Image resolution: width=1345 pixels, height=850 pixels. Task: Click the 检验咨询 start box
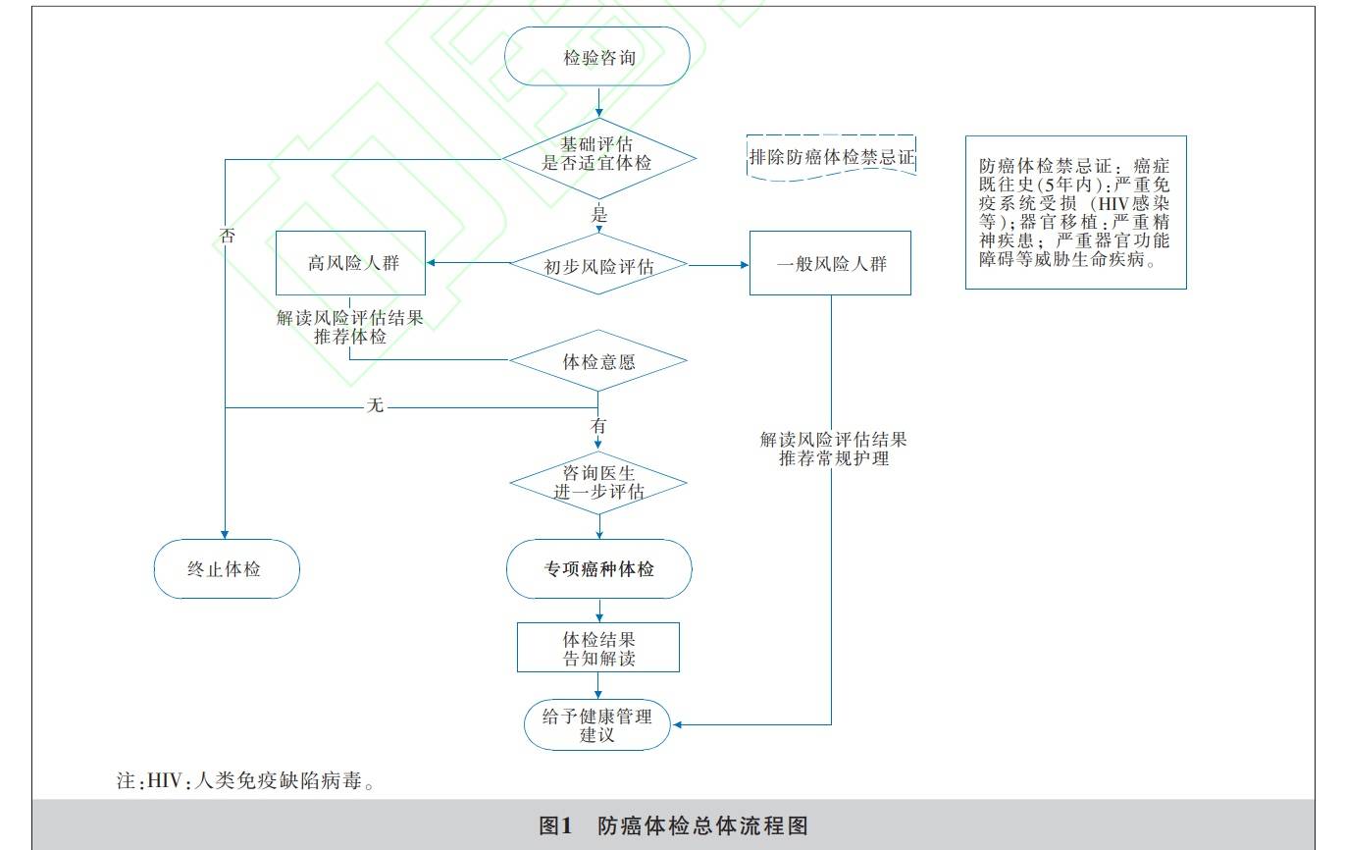598,57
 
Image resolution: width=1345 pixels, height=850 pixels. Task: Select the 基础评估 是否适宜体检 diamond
598,154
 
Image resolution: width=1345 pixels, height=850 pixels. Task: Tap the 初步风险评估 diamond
598,264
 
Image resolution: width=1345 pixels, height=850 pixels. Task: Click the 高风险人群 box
350,263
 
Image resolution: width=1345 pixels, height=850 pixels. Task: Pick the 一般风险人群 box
830,263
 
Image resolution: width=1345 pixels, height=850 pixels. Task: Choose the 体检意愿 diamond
598,361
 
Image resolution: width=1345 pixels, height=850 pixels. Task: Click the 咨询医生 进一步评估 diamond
598,483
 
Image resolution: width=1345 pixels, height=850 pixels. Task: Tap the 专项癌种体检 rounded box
598,569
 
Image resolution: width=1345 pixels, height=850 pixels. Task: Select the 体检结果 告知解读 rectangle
598,648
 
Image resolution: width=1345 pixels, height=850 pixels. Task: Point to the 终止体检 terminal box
226,568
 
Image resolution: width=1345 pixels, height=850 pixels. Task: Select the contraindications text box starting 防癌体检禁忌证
1075,212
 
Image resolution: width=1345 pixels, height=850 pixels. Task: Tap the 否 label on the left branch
227,236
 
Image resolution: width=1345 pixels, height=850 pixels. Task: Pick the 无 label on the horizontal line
375,405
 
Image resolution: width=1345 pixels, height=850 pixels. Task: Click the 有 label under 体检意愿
598,426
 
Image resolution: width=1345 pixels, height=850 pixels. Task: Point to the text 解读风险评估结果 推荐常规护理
833,449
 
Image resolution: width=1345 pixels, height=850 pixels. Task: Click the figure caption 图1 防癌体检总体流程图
673,825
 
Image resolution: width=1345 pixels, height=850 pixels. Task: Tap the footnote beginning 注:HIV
245,782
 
